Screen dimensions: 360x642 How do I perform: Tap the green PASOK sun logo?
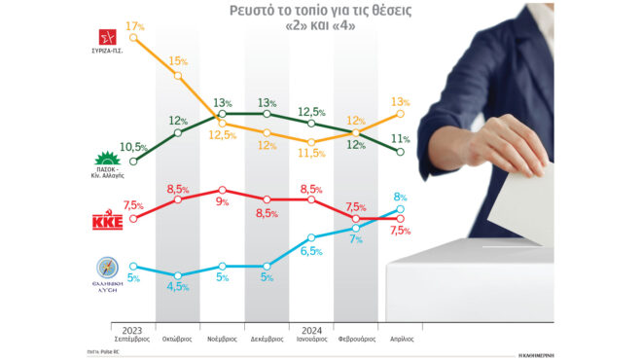coord(103,160)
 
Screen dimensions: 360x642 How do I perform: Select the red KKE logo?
coord(104,223)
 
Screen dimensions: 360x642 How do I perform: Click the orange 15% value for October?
coord(177,61)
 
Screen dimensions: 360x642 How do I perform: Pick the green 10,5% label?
coord(132,147)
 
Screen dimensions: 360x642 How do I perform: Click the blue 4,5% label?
coord(178,287)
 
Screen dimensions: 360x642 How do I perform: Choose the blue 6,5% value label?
coord(310,251)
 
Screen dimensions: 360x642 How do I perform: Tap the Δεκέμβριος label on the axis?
coord(267,339)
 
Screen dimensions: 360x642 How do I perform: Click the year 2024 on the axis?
coord(311,328)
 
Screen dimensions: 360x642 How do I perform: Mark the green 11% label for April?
coord(400,138)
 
